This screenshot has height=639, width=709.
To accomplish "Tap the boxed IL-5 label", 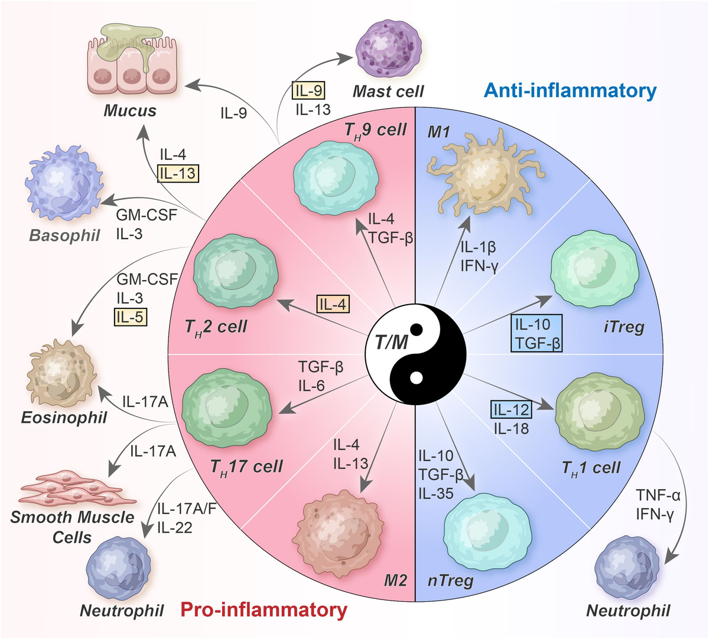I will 130,317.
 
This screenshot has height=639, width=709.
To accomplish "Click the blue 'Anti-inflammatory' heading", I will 570,91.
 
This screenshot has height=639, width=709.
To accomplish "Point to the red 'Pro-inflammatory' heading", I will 264,609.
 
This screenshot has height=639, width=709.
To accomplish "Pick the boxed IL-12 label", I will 512,409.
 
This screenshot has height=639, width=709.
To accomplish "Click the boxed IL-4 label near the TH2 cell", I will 333,304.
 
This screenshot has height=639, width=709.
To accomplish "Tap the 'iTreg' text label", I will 624,327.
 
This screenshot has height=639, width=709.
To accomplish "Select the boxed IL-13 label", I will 178,173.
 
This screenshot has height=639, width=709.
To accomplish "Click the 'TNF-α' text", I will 658,495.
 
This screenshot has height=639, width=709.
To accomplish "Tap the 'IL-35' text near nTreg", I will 435,493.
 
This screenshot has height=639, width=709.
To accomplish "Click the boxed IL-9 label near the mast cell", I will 309,90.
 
